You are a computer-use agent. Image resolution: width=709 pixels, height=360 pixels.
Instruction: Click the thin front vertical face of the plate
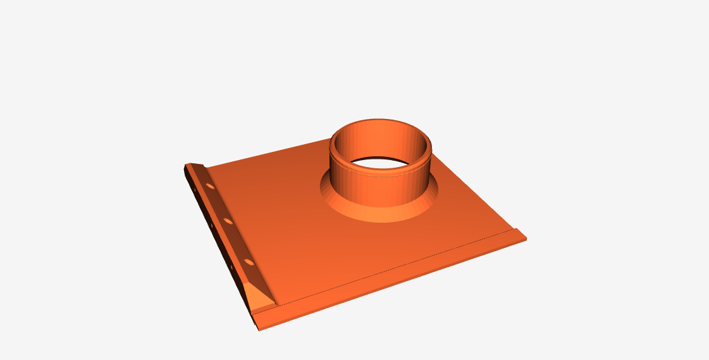[392, 290]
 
